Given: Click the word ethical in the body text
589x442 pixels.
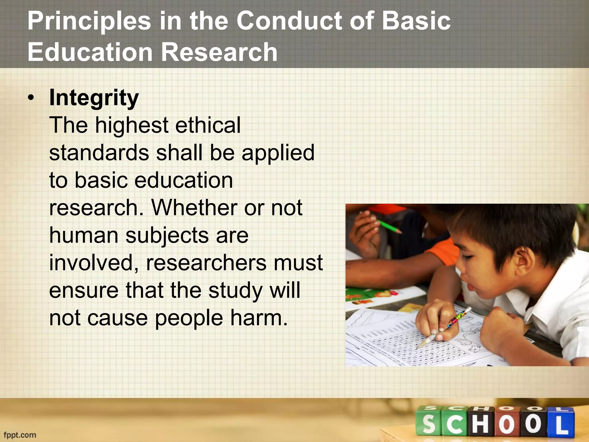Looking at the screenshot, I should point(208,125).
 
